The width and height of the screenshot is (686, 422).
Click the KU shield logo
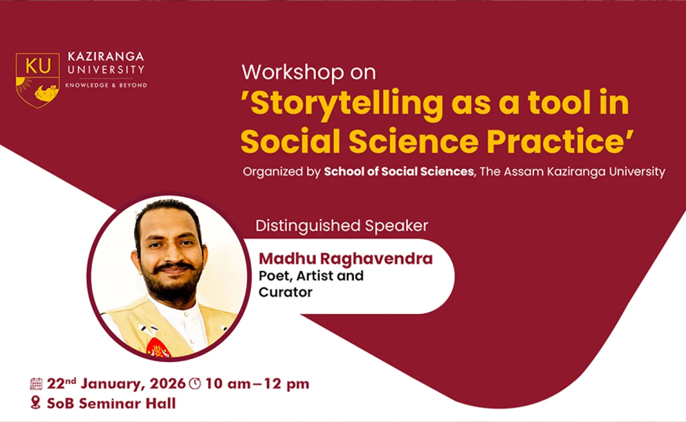click(x=38, y=79)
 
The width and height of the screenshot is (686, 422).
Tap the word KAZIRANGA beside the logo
click(x=106, y=57)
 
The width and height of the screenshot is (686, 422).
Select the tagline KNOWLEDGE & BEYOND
click(x=106, y=85)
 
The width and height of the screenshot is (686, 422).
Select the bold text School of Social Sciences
click(x=399, y=172)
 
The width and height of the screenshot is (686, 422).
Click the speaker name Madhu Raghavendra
click(x=346, y=258)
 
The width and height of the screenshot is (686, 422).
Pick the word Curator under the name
click(x=285, y=292)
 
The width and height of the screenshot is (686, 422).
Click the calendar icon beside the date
click(x=36, y=384)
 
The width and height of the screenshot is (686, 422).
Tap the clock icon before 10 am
click(x=194, y=384)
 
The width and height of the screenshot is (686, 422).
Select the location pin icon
click(x=36, y=404)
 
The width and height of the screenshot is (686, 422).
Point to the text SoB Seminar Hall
click(x=111, y=404)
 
